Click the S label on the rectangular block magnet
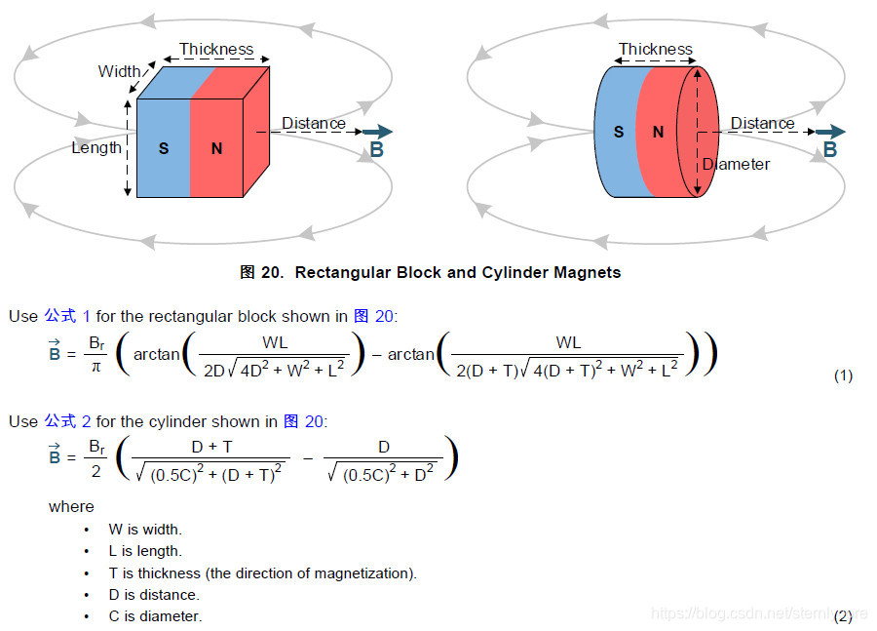[x=164, y=148]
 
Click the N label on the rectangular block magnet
[x=216, y=148]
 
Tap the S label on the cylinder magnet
[x=619, y=132]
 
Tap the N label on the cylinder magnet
[x=658, y=132]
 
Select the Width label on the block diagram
[x=119, y=71]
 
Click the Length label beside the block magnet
[x=96, y=147]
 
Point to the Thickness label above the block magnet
[x=215, y=49]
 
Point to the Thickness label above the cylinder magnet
[x=655, y=49]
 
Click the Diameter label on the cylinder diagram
[x=736, y=164]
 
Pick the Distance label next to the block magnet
[x=313, y=124]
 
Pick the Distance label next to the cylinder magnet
[x=762, y=124]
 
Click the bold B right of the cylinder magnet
[x=830, y=149]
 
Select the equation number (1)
[x=843, y=375]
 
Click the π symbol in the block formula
[x=96, y=365]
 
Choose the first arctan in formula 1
[x=157, y=354]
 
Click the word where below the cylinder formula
[x=71, y=506]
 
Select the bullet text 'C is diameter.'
[x=155, y=616]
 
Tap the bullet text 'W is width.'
[x=145, y=529]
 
